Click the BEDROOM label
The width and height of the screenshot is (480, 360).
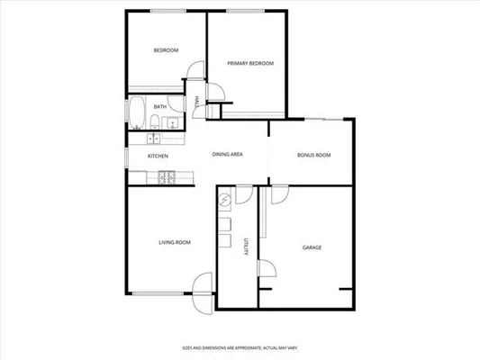coord(166,50)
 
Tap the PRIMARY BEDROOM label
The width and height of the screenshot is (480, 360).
coord(249,63)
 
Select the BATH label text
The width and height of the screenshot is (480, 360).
coord(158,106)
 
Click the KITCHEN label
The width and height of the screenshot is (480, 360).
coord(158,156)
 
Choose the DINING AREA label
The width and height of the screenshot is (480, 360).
coord(227,155)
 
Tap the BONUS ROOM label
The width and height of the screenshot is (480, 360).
coord(313,155)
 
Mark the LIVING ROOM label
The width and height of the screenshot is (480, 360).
coord(174,242)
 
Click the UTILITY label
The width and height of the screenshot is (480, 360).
coord(245,248)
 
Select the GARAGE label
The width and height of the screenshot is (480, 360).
coord(312,247)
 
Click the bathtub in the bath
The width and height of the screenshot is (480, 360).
coord(137,114)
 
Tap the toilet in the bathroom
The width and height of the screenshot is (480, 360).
coord(155,122)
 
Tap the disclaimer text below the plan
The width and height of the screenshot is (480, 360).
coord(240,346)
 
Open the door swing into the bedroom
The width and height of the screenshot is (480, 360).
coord(191,76)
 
